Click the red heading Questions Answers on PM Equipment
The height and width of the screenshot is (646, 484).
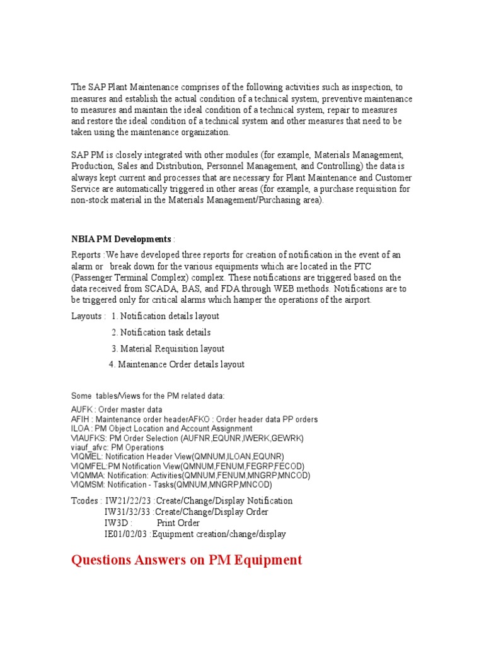coord(187,560)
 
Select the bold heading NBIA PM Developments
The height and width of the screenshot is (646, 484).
coord(120,239)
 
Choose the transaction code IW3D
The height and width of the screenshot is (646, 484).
coord(117,523)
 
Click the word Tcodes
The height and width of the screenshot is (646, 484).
coord(84,500)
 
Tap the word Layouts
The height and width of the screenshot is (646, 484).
coord(86,316)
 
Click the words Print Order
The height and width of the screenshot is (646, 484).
coord(178,523)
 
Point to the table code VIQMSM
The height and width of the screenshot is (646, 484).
coord(86,485)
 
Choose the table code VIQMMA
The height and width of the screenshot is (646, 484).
coord(87,476)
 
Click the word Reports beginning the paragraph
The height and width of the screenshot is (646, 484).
coord(86,255)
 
